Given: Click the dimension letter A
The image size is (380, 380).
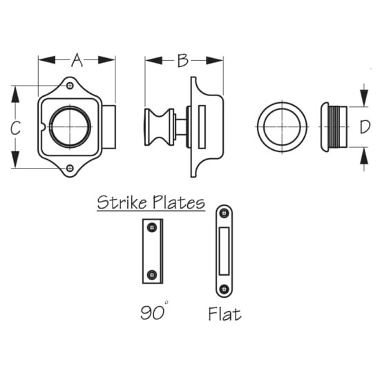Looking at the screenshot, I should tap(77, 61).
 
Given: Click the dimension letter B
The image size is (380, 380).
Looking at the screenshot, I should tap(182, 61).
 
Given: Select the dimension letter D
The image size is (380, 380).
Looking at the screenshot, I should tap(365, 128).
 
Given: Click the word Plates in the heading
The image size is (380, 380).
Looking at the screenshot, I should tap(179, 203).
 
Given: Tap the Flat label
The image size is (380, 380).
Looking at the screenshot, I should tap(225, 314).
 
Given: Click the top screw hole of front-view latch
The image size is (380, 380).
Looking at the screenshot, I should tap(70, 86).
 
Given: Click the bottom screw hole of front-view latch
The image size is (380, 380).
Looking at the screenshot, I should tap(70, 168).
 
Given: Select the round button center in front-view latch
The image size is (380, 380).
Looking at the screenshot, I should tap(69, 127).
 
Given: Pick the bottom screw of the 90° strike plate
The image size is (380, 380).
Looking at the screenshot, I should tap(153, 275).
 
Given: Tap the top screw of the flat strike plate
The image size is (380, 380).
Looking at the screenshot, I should tap(224, 214).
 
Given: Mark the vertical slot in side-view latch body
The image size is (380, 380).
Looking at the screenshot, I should tap(202, 127).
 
